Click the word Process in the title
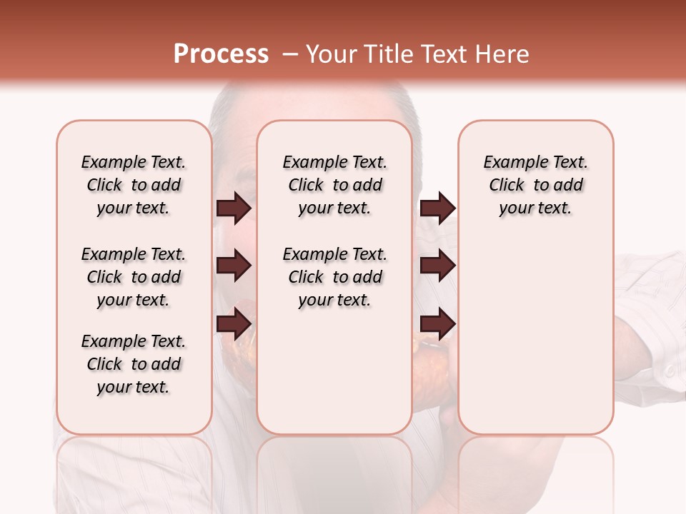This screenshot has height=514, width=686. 221,54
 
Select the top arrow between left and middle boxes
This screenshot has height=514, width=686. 234,208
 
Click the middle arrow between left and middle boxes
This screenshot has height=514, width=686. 234,266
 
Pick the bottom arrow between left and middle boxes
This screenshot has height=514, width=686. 234,323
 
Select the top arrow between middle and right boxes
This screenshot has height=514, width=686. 437,208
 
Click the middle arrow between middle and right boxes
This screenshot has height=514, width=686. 437,266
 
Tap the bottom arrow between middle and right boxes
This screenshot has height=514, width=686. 437,323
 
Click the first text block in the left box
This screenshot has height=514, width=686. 134,185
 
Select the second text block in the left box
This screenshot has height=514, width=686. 134,277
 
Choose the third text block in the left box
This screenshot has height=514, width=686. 134,364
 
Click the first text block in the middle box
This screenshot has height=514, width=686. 335,185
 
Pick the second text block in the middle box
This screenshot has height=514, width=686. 335,277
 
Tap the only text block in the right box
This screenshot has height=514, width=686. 536,185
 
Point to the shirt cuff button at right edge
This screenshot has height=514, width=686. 668,371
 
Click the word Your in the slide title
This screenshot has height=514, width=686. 332,54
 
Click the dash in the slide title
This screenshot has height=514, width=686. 290,54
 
